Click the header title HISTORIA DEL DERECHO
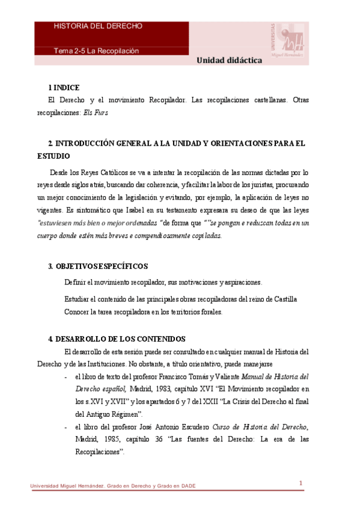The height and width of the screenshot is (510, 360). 98,26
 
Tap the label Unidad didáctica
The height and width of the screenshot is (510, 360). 228,61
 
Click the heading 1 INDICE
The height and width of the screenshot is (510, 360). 64,88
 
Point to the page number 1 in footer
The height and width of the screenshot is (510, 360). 301,483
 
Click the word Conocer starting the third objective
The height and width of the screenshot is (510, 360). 78,312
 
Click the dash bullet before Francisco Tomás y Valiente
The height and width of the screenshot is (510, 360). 65,377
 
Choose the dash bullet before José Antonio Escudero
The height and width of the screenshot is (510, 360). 65,427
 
